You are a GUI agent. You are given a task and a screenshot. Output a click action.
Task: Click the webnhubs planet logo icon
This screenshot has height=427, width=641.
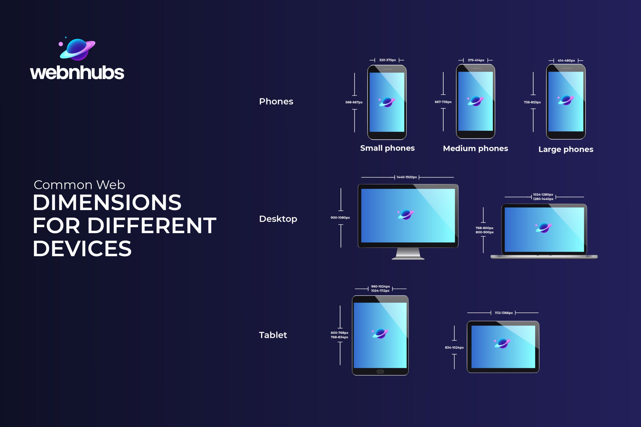[77, 49]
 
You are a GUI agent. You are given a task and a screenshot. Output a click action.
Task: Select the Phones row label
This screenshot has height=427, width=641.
[276, 101]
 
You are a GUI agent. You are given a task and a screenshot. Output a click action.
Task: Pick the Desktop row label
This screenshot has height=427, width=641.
[278, 219]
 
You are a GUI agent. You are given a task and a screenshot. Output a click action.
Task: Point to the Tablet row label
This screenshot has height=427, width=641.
[273, 335]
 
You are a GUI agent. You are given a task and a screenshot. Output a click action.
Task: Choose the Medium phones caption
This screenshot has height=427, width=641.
[475, 149]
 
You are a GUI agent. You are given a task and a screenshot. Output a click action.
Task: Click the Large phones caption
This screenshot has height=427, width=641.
[566, 149]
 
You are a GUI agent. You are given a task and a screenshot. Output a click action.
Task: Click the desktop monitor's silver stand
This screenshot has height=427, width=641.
[408, 254]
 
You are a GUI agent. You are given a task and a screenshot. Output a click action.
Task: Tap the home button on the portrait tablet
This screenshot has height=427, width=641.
[380, 371]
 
